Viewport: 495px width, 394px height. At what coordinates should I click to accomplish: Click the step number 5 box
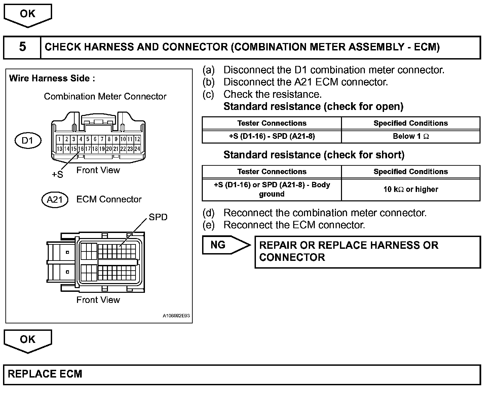(22, 47)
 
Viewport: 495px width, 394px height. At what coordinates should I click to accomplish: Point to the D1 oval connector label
(28, 140)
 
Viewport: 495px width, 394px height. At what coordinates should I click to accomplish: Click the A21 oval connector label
(55, 200)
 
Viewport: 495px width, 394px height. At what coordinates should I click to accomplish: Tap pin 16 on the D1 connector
(81, 149)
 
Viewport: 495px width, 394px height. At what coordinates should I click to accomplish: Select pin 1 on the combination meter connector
(60, 139)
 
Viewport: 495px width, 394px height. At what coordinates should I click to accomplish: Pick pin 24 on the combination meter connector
(137, 149)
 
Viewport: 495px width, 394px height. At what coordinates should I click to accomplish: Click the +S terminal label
(57, 174)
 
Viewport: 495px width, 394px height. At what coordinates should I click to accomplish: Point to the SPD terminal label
(158, 217)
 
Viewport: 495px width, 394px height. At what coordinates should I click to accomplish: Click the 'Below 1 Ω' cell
(411, 136)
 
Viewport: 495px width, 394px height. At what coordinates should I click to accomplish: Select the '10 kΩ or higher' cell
(411, 189)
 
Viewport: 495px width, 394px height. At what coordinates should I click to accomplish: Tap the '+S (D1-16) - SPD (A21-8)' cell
(272, 136)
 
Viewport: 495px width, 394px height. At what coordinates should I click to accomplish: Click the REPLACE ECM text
(45, 374)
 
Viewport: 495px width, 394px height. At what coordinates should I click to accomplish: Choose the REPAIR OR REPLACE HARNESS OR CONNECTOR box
(368, 252)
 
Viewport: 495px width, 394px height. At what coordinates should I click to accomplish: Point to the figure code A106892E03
(176, 316)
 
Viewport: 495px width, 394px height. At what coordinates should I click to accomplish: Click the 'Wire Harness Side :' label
(52, 78)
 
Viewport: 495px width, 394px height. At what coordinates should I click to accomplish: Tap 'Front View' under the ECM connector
(98, 300)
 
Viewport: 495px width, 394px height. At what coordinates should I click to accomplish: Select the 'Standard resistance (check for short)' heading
(314, 155)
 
